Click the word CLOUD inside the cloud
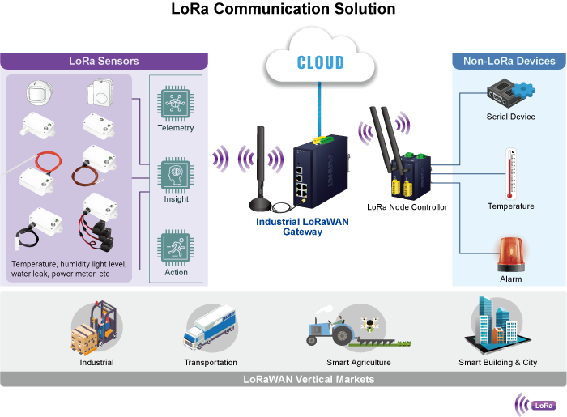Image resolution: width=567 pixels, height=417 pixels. [x=321, y=62]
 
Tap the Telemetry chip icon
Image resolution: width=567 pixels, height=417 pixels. [x=176, y=104]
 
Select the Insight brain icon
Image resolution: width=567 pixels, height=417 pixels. [x=176, y=175]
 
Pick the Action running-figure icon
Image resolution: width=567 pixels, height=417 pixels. [x=176, y=248]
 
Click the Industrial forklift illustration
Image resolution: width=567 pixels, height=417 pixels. [x=96, y=327]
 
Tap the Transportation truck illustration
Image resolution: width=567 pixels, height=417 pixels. [x=211, y=328]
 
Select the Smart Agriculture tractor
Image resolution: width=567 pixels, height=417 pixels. [x=340, y=328]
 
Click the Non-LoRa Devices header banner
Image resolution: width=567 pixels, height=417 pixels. [x=509, y=61]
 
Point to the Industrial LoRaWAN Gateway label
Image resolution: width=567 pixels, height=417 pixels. [x=292, y=227]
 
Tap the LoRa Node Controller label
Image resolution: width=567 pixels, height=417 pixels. [x=407, y=207]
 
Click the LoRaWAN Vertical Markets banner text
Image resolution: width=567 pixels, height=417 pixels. [x=309, y=379]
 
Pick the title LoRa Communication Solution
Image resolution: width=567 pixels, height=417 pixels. [x=283, y=10]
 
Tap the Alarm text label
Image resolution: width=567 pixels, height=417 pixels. [x=510, y=279]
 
